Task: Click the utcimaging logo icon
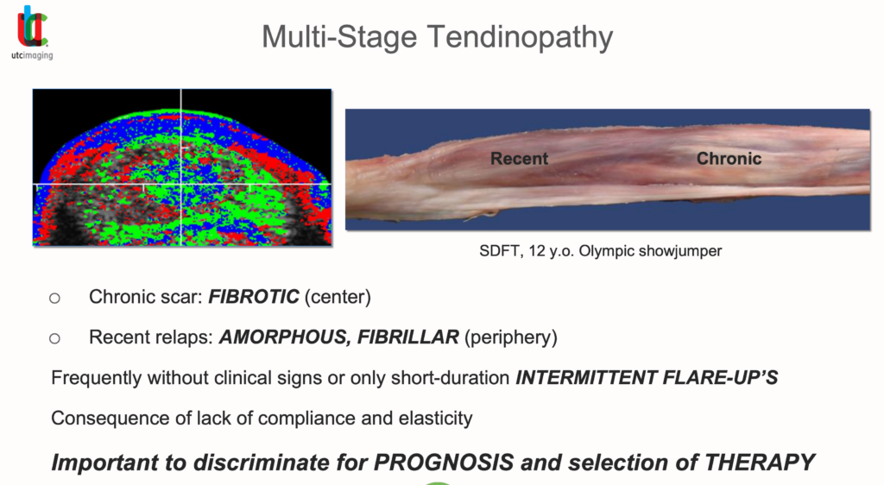[x=32, y=27]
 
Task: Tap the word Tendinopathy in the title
[x=520, y=37]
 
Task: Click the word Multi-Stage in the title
[x=339, y=37]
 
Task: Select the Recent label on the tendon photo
[x=519, y=158]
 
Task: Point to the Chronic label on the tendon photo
[x=729, y=158]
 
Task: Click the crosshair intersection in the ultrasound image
[x=181, y=184]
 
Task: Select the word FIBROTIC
[x=254, y=296]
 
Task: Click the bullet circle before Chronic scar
[x=54, y=298]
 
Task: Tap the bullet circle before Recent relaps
[x=54, y=338]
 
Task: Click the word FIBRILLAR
[x=408, y=337]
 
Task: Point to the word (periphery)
[x=511, y=337]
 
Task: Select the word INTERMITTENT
[x=586, y=377]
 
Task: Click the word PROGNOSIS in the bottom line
[x=444, y=463]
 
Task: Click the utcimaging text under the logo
[x=32, y=55]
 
